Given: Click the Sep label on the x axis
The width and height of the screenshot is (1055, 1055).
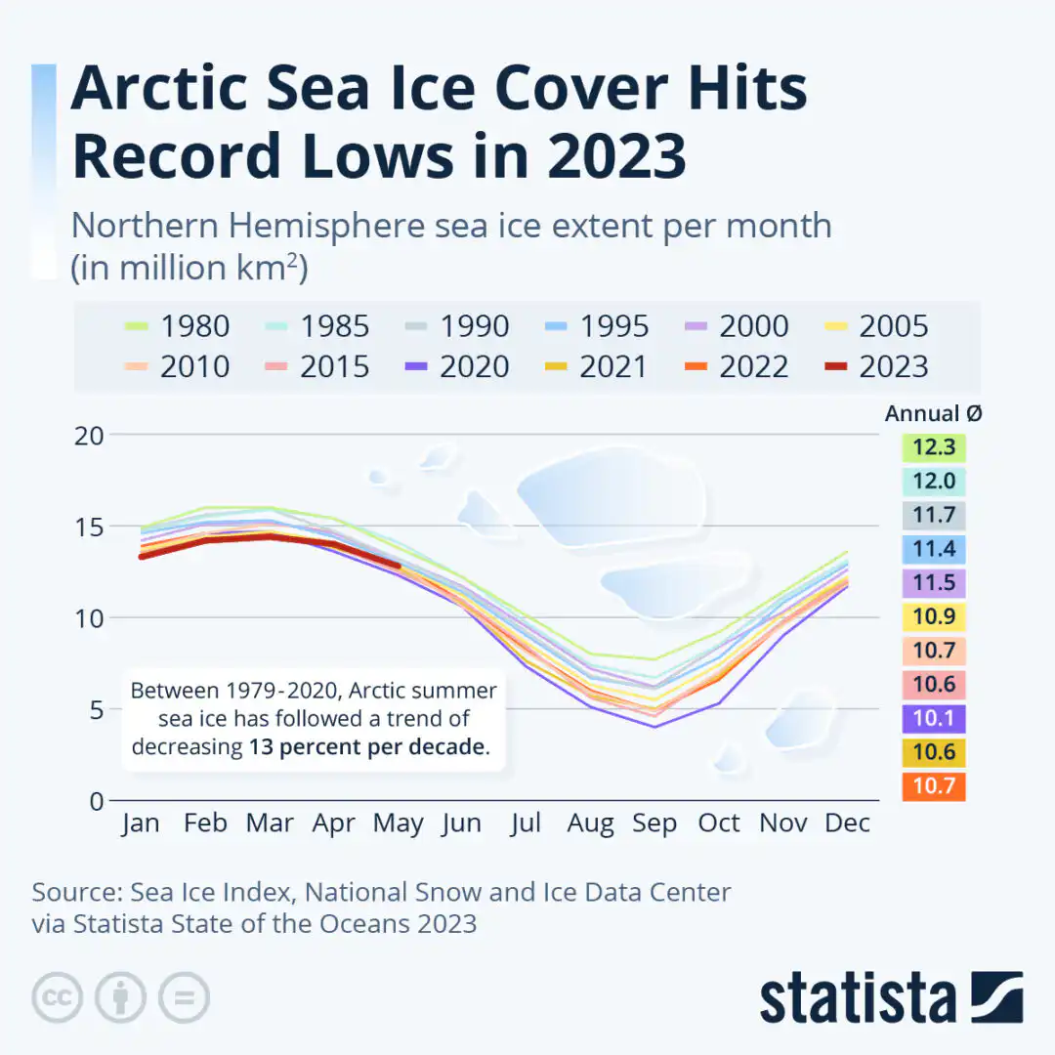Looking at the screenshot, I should pos(654,823).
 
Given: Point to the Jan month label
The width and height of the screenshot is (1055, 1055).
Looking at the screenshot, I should pos(141,823).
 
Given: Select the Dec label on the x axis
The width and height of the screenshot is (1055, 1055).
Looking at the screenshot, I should pos(846,823).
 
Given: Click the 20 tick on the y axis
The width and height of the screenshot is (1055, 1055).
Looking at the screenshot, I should pos(89,435).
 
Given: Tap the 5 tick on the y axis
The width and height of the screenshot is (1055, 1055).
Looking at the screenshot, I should pos(96,709).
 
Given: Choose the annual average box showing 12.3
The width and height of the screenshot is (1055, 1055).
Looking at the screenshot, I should pos(933,448).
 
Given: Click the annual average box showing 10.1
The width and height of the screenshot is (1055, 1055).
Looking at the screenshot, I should pos(933,719).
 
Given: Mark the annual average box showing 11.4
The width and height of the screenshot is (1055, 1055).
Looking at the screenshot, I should pos(933,549).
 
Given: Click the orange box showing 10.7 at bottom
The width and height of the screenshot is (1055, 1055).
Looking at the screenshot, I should pos(933,786).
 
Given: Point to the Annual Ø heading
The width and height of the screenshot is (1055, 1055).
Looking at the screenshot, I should pos(933,413).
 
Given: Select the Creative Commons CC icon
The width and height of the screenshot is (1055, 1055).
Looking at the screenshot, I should pos(57,997).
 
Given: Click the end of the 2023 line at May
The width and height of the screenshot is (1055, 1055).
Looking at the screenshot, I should pos(398,565).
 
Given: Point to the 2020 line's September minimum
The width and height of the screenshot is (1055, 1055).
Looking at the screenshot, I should pos(654,727).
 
